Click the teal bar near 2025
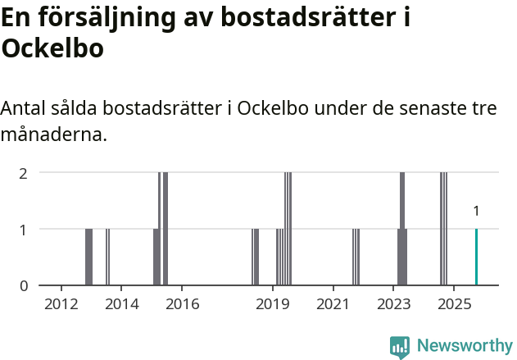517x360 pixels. [476, 257]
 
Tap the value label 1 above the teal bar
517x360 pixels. [476, 212]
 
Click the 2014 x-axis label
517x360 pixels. [121, 305]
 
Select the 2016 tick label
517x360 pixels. [182, 305]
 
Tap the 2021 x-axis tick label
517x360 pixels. [333, 305]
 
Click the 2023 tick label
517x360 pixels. [393, 305]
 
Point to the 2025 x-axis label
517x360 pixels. [453, 305]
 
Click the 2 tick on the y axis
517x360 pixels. [24, 173]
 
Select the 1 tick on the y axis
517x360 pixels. [24, 230]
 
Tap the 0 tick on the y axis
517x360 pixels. [24, 286]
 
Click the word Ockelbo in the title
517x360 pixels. [52, 49]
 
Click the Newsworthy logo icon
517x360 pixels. [400, 347]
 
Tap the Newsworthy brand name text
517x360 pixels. [465, 346]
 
